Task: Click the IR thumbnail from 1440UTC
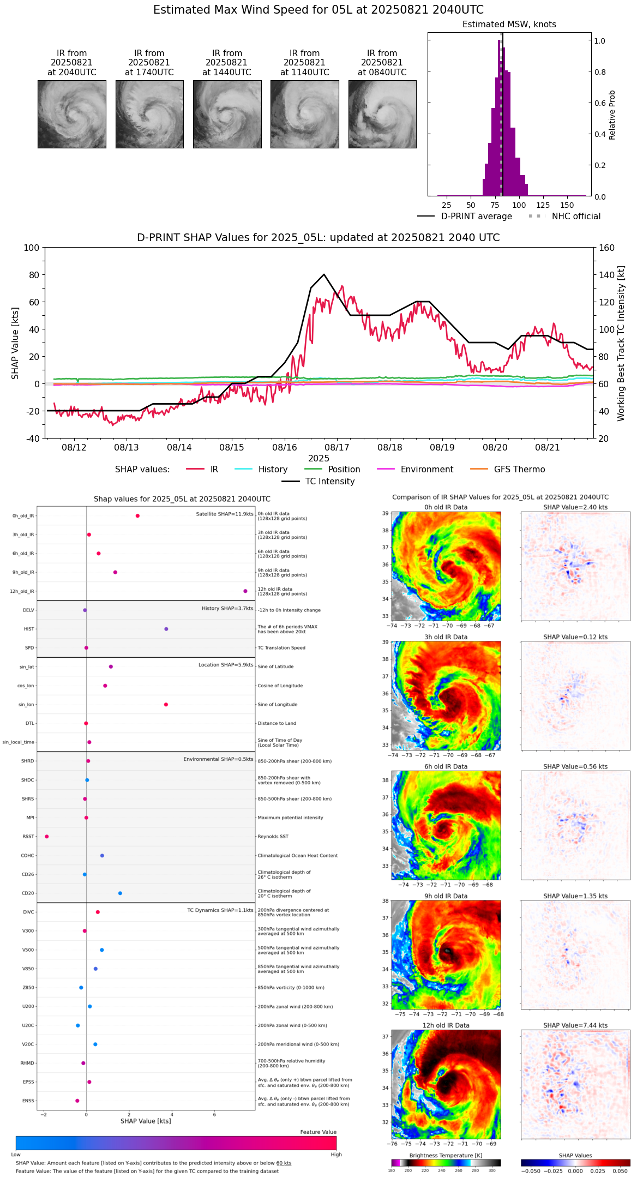click(x=227, y=114)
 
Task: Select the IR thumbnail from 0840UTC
click(x=382, y=114)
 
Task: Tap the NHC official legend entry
click(x=575, y=217)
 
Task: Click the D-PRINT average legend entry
click(x=476, y=217)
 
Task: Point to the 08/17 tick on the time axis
click(x=337, y=447)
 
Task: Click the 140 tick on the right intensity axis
click(x=607, y=275)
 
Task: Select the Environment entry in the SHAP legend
click(x=426, y=470)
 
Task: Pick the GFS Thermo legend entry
click(x=519, y=470)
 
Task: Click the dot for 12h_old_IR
click(x=245, y=591)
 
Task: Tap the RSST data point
click(x=47, y=837)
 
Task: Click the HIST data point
click(x=166, y=629)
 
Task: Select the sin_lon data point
click(x=166, y=705)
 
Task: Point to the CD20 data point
click(x=120, y=893)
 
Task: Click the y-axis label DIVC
click(x=28, y=912)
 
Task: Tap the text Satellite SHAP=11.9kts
click(x=225, y=514)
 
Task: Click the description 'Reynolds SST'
click(x=273, y=837)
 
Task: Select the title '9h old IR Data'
click(x=446, y=896)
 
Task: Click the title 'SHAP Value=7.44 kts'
click(x=575, y=1025)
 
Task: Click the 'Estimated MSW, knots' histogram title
click(x=509, y=25)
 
